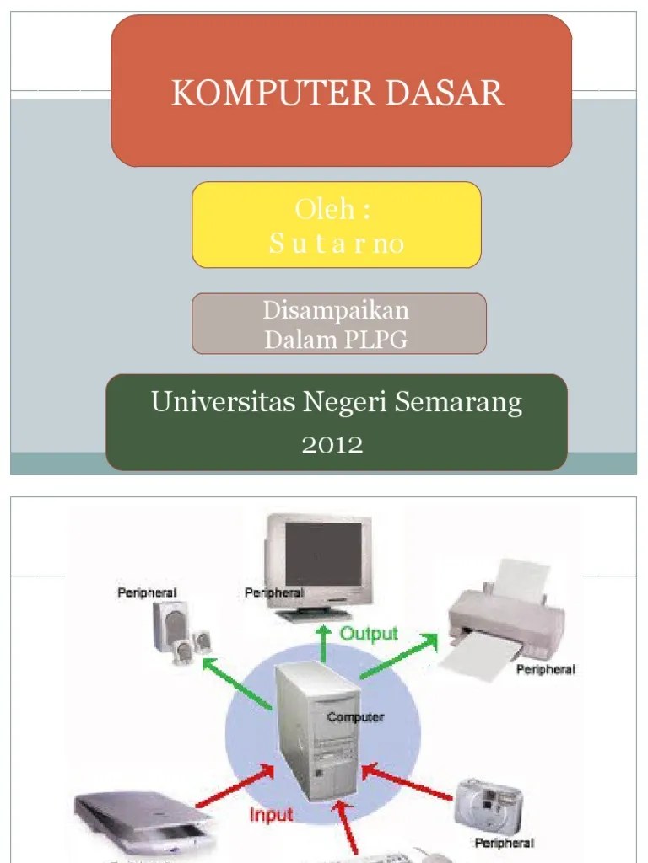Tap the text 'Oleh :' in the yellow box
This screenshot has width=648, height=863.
(x=334, y=209)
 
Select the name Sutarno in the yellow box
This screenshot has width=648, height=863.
(x=337, y=244)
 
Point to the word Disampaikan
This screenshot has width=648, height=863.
(x=336, y=310)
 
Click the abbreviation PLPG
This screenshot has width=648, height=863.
(x=376, y=340)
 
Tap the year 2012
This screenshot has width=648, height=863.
(x=332, y=444)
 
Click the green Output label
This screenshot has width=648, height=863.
(x=369, y=633)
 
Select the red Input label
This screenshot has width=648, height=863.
(x=271, y=814)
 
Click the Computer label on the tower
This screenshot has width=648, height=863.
(x=355, y=717)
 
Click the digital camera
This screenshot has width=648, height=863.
(x=489, y=804)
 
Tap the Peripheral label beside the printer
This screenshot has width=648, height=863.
(x=544, y=670)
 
